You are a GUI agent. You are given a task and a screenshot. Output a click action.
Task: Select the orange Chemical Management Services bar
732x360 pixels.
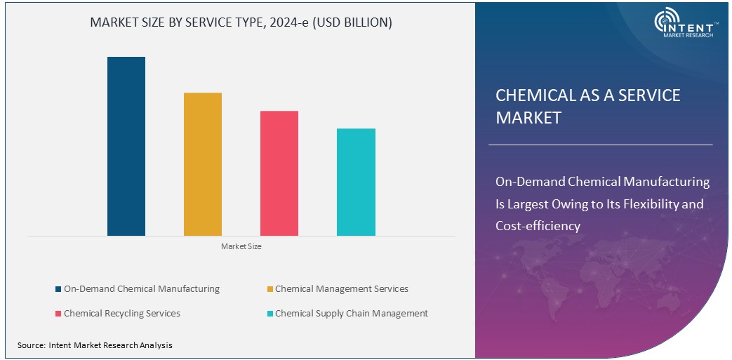tap(203, 164)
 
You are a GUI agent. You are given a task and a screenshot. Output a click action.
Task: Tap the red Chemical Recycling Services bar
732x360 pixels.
tap(279, 173)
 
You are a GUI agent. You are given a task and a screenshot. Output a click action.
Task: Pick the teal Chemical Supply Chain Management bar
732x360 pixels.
tap(356, 182)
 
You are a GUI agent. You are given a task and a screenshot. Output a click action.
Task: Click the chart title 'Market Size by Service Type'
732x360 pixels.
tap(241, 23)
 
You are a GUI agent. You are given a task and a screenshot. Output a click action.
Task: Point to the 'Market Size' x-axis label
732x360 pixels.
tap(241, 246)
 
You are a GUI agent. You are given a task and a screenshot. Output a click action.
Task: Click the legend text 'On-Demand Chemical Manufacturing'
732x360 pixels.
tap(141, 289)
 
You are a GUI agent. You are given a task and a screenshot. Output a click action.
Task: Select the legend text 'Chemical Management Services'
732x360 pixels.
tap(341, 289)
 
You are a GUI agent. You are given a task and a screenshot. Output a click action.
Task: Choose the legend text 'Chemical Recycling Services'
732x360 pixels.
tap(121, 314)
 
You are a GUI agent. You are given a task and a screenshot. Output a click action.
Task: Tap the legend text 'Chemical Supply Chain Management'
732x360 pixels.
tap(351, 314)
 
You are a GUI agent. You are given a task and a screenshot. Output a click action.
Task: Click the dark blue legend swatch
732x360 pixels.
tap(58, 289)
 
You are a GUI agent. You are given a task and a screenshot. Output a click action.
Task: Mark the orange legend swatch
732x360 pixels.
tap(269, 289)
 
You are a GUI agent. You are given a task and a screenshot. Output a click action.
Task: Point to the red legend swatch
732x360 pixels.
tap(58, 314)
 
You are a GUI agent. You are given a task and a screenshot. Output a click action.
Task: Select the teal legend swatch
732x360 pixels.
tap(269, 314)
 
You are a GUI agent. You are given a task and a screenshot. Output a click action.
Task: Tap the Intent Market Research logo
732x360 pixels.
tap(684, 24)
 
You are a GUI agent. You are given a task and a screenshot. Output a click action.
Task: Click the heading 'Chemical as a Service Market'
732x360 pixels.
tap(588, 106)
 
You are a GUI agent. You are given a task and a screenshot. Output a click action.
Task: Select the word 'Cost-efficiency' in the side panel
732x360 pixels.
tap(538, 226)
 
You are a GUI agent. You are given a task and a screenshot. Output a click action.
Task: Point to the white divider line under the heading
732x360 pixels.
tap(600, 145)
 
